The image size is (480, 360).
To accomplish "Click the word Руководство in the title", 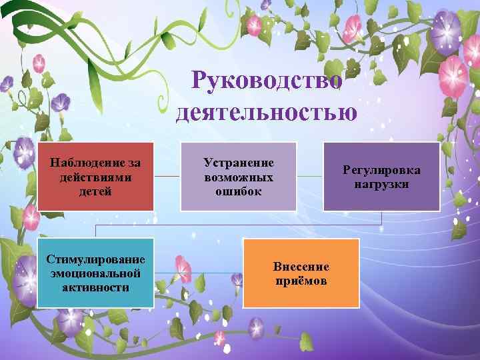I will click(267, 81).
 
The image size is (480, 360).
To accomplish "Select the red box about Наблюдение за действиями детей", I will click(95, 175).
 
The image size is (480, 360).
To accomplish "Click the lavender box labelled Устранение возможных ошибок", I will click(239, 175).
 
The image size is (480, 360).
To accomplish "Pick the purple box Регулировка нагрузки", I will click(381, 175).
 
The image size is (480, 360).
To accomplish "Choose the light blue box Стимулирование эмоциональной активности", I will click(95, 273).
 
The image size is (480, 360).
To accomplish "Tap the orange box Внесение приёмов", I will click(301, 273).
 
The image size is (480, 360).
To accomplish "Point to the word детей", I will click(95, 191).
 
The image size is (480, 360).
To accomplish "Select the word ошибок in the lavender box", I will click(239, 191).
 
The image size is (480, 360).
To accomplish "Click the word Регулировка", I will click(381, 170).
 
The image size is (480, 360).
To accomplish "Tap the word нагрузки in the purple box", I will click(381, 183).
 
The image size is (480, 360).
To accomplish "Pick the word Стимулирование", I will click(95, 259).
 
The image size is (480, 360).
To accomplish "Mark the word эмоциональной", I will click(95, 273).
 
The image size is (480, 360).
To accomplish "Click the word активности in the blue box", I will click(95, 287).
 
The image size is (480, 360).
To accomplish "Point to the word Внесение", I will click(301, 267).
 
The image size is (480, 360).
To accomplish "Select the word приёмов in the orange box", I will click(301, 281).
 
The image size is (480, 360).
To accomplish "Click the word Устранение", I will click(239, 163).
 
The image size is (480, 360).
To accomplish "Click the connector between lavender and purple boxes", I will click(309, 176).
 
